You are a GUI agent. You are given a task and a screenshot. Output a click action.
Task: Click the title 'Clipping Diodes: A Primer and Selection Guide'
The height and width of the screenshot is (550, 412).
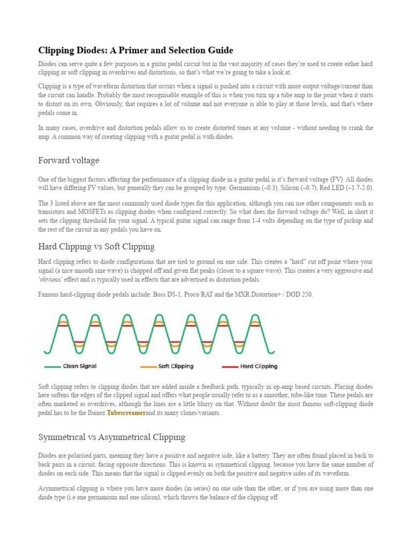[x=135, y=50]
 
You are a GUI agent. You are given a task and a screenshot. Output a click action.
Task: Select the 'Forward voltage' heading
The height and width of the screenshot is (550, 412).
[x=69, y=161]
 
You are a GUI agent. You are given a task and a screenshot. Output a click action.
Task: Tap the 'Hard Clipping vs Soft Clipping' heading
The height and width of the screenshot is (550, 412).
[x=96, y=247]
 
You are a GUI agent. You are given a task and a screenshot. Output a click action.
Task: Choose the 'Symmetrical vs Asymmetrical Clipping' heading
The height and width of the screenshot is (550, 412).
[x=112, y=437]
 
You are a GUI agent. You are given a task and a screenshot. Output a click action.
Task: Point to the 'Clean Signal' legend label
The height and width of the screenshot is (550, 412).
[x=79, y=366]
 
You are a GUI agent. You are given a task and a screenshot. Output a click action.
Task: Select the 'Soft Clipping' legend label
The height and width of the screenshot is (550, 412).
[x=175, y=366]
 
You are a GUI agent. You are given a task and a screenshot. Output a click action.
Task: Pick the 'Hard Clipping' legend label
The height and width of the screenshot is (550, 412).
[x=259, y=366]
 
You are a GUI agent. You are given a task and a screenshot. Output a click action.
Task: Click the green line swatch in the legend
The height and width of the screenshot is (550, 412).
[x=52, y=367]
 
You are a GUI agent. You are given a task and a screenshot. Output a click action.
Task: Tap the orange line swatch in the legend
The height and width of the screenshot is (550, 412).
[x=149, y=367]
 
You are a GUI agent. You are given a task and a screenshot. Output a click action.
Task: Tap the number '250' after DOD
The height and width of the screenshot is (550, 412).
[x=306, y=294]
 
